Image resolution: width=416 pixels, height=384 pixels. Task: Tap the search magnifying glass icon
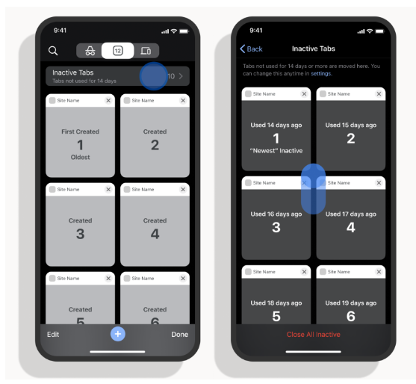point(53,50)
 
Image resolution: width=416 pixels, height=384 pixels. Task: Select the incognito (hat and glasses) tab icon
point(90,50)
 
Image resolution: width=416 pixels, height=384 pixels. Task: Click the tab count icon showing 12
point(117,50)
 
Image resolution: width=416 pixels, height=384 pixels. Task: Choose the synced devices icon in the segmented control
point(146,50)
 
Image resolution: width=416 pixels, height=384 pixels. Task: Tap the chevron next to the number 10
point(181,76)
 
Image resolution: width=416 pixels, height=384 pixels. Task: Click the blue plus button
point(118,334)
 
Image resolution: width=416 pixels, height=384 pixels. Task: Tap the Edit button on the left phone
point(53,335)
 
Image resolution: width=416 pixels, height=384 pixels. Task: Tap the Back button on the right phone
point(251,49)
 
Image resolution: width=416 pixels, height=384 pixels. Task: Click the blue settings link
point(321,73)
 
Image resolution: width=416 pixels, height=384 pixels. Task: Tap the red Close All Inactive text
point(314,335)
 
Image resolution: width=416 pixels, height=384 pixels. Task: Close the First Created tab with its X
point(108,100)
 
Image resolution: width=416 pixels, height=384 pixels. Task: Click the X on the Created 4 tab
point(183,189)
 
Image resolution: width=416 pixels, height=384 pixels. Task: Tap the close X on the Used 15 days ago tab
point(379,93)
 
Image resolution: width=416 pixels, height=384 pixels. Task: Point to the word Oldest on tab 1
point(80,157)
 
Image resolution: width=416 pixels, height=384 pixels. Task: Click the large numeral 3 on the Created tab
point(81,234)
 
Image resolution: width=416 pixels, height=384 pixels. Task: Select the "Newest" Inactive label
point(276,151)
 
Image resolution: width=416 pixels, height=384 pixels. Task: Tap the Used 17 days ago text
point(351,214)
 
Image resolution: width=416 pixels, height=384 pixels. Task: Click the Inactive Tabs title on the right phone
point(314,49)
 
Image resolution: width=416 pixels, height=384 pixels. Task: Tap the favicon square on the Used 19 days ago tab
point(323,271)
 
